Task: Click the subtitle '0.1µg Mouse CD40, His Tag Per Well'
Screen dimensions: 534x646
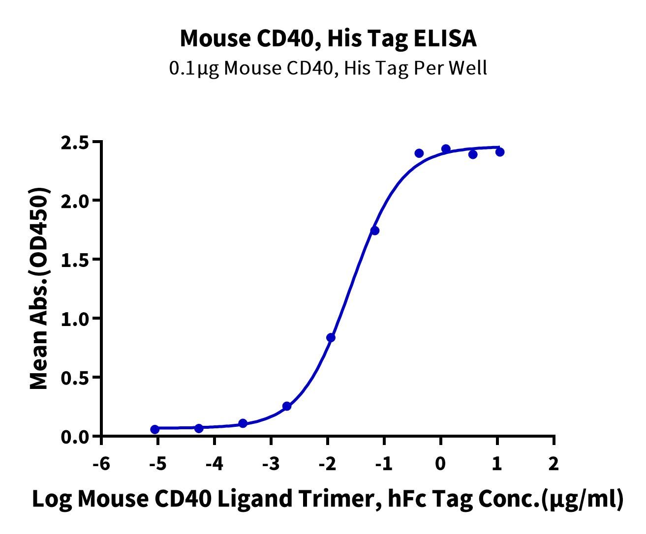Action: point(328,68)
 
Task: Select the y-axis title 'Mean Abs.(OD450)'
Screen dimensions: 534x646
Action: point(39,289)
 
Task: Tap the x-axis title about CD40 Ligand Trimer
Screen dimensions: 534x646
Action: point(328,499)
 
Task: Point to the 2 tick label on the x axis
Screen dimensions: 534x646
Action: point(554,464)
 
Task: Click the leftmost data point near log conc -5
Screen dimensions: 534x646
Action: point(155,429)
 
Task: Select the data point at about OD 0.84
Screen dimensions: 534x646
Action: point(331,338)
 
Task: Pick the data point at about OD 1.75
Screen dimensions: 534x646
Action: point(375,231)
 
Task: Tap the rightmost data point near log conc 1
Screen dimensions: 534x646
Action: point(500,152)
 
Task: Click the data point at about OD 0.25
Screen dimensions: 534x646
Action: point(287,406)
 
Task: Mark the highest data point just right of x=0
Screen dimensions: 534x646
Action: point(446,149)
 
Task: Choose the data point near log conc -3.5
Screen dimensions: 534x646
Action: point(243,423)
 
